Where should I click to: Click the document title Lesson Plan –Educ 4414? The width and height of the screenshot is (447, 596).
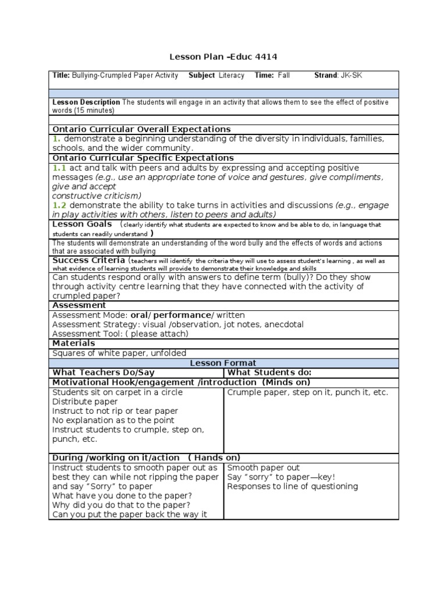pos(223,57)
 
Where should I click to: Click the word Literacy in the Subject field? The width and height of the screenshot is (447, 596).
pos(232,76)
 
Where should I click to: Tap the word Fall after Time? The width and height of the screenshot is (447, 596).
pos(283,76)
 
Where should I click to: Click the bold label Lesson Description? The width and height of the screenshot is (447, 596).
pos(86,102)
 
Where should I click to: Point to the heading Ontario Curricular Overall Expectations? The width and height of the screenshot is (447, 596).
pos(141,129)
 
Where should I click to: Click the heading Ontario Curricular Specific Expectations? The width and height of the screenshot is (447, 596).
pos(143,158)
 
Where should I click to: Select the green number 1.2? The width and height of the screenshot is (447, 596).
pos(59,205)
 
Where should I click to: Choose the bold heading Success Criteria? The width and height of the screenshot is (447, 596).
pos(88,260)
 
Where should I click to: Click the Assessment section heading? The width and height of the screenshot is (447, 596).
pos(79,305)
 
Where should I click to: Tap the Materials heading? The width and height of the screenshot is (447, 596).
pos(74,343)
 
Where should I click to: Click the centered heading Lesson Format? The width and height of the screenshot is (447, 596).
pos(223,363)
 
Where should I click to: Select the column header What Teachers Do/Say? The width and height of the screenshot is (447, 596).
pos(104,372)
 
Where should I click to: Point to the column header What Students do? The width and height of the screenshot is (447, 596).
pos(269,372)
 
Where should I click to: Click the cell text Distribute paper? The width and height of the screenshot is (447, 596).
pos(85,402)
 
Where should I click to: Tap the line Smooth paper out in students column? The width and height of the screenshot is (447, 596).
pos(264,467)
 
